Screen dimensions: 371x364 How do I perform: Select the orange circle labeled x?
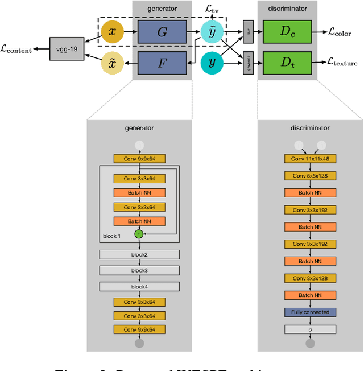[112, 32]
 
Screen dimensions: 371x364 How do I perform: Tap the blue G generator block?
[162, 32]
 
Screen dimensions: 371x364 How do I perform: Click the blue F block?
[162, 63]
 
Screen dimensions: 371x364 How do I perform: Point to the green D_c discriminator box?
[287, 32]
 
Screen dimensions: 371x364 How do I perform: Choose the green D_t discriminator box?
[287, 62]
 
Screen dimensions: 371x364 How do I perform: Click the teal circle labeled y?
[212, 63]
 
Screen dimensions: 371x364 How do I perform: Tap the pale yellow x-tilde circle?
[112, 63]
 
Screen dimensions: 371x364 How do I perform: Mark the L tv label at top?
[213, 8]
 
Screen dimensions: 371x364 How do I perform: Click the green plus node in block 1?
[139, 234]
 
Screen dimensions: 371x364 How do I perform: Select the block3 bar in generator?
[139, 270]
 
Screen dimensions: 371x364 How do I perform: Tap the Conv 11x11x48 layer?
[310, 159]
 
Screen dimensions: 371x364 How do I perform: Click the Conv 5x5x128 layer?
[310, 176]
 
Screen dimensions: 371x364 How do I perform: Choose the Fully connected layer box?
[310, 312]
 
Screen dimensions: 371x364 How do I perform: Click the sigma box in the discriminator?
[310, 329]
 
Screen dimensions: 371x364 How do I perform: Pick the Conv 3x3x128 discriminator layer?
[310, 278]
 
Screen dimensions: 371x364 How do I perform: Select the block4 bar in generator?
[139, 286]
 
